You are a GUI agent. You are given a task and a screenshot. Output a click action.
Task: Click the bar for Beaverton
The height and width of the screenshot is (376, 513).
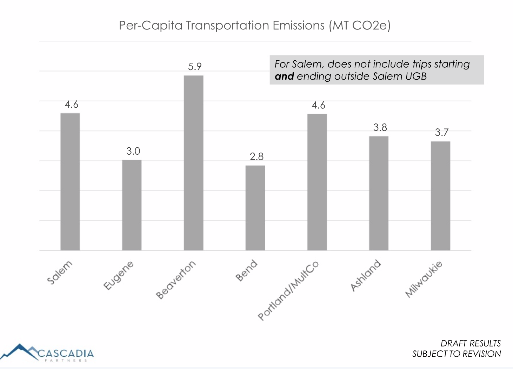point(194,163)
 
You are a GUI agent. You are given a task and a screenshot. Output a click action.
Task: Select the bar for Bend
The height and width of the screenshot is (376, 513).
point(255,208)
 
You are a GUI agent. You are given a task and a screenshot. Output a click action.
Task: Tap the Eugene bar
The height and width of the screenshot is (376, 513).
point(132,205)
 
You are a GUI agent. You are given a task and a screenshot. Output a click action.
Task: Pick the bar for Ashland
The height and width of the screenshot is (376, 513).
point(379,193)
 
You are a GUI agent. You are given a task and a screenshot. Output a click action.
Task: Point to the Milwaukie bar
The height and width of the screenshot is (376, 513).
point(440,196)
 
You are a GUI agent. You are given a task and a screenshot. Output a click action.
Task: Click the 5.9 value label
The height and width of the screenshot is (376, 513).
point(195,67)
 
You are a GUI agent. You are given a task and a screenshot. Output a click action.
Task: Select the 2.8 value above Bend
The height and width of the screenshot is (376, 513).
point(256,156)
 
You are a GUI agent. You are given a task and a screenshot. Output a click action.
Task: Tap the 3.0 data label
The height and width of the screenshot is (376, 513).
point(133,151)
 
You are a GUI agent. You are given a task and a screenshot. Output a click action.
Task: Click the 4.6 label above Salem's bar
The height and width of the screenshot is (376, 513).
point(71,105)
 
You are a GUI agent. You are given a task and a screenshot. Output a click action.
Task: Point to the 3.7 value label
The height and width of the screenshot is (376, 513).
point(441,132)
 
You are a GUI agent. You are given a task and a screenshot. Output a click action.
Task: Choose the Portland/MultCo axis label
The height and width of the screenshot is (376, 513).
point(288,290)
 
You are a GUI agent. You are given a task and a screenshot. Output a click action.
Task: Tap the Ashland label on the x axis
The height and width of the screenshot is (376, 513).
point(366,275)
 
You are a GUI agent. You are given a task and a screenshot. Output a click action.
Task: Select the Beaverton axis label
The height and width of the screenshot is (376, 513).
point(176,280)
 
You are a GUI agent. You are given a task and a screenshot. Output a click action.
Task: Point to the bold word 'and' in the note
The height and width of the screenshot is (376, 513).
point(284,76)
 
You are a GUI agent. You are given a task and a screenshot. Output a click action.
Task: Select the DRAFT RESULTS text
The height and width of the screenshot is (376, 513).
point(471,343)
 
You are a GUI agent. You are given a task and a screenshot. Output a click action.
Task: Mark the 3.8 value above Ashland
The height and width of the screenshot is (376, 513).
point(380,127)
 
